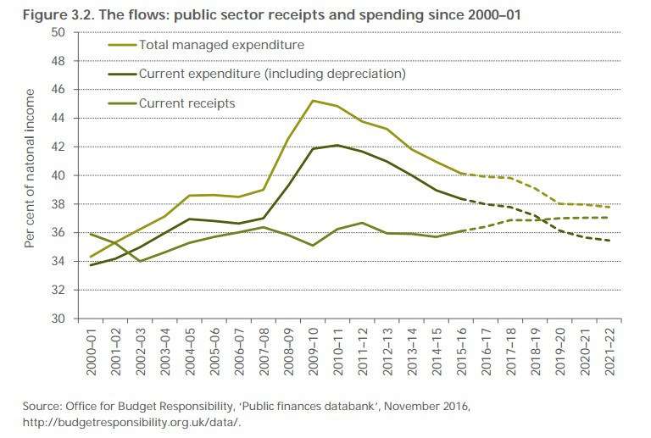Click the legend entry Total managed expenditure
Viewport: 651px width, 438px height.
pyautogui.click(x=220, y=44)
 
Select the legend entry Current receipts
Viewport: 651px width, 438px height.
pyautogui.click(x=186, y=103)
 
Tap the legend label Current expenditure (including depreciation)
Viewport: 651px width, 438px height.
pyautogui.click(x=272, y=74)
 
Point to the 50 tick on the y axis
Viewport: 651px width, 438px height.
pyautogui.click(x=58, y=32)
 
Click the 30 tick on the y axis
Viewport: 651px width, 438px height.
pyautogui.click(x=58, y=319)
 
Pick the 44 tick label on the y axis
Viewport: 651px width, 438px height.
pyautogui.click(x=58, y=118)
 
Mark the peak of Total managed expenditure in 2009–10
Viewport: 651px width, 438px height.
pyautogui.click(x=313, y=101)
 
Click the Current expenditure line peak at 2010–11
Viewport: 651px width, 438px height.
pyautogui.click(x=338, y=145)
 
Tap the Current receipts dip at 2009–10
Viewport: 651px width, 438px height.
pyautogui.click(x=313, y=246)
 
